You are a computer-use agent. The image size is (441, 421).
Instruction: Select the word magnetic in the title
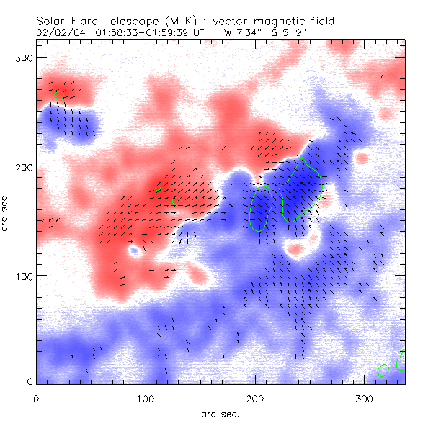point(277,21)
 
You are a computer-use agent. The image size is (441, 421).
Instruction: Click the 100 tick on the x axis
point(145,398)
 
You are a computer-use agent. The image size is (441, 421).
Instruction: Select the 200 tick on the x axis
point(254,398)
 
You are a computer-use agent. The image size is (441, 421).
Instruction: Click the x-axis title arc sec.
point(220,413)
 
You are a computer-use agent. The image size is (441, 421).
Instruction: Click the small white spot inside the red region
point(133,252)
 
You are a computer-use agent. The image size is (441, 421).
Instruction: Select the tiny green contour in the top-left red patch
point(60,94)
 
